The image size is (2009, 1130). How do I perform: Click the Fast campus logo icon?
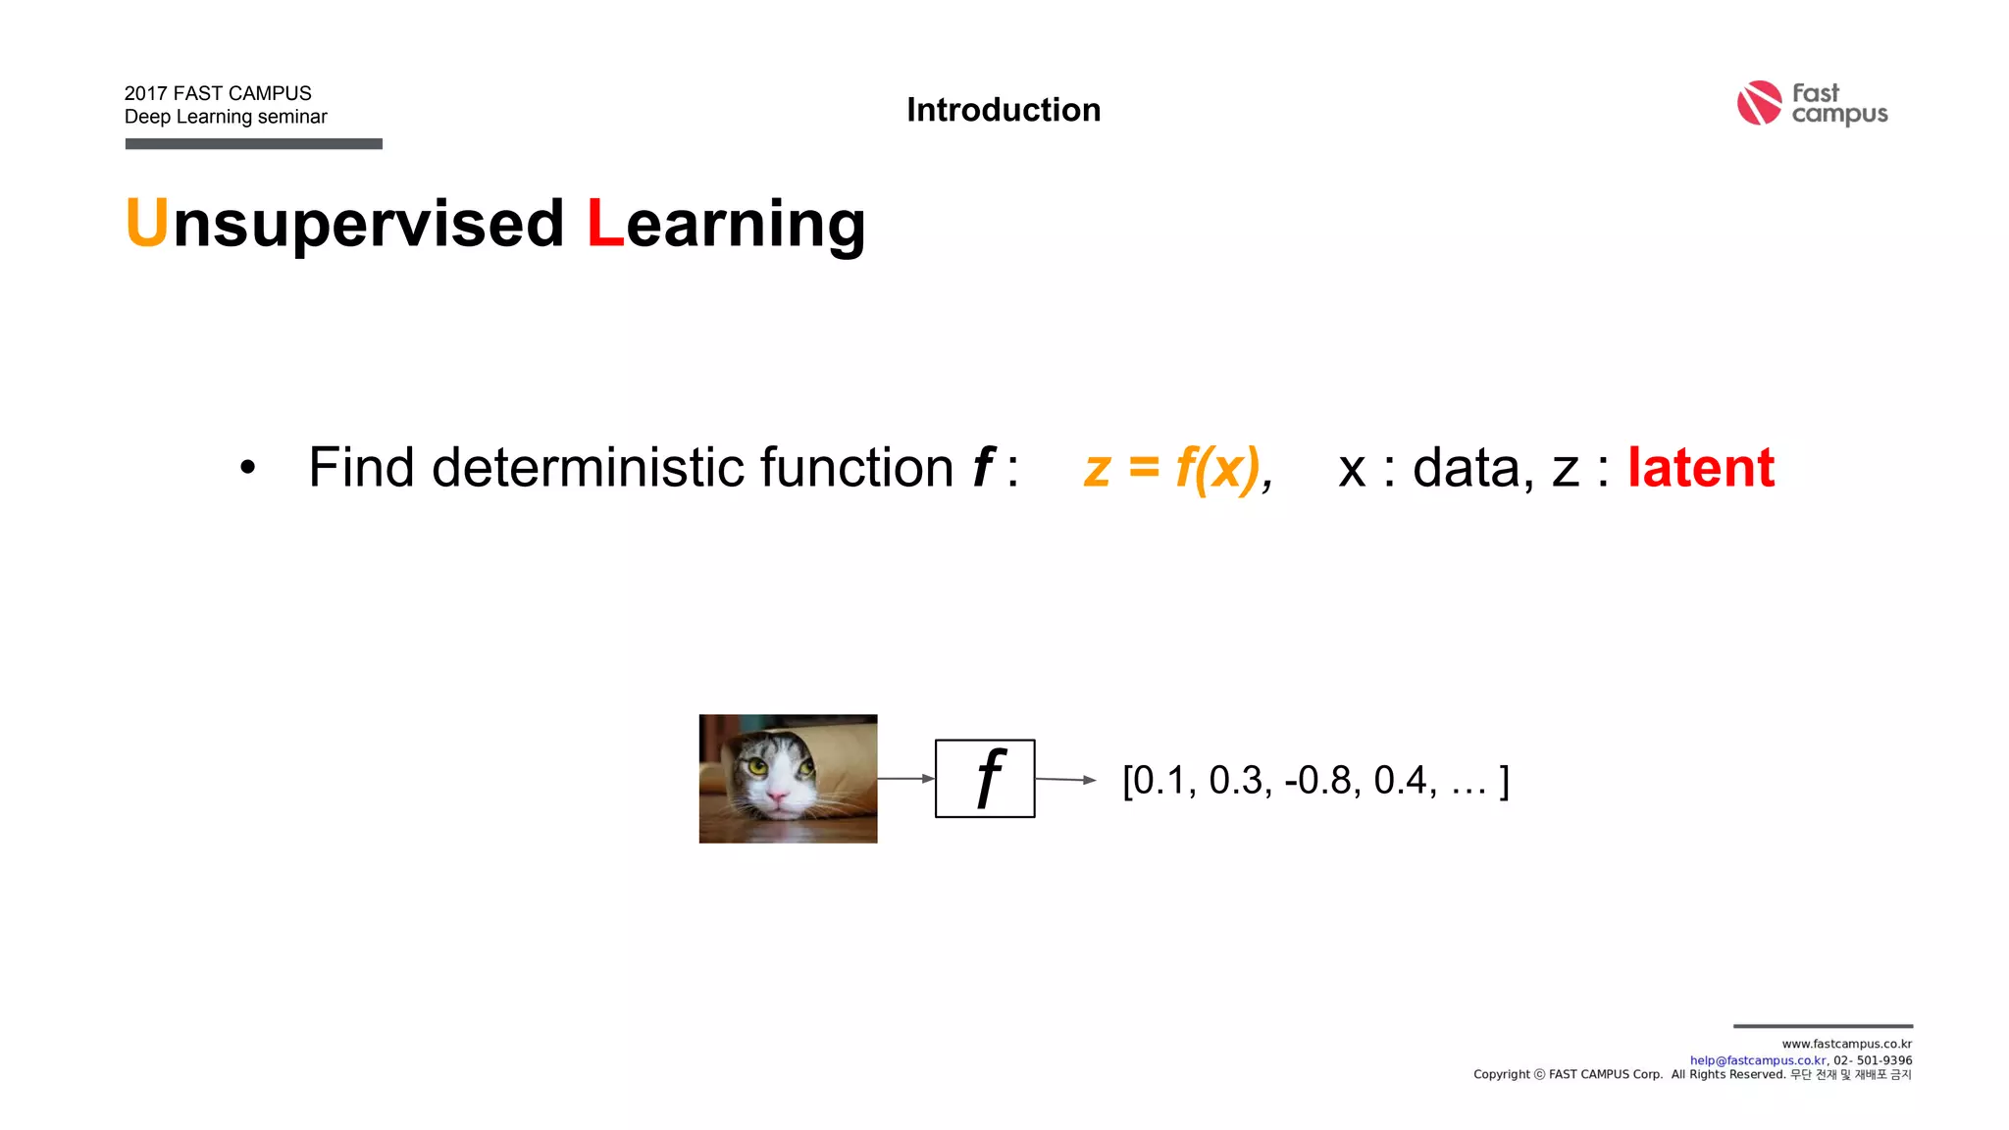click(1759, 103)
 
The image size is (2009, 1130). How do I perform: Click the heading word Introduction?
click(1004, 110)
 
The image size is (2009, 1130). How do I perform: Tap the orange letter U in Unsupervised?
click(147, 223)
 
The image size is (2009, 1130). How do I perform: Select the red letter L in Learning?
click(604, 223)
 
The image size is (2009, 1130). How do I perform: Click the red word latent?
click(1701, 467)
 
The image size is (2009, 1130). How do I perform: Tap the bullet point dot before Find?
click(247, 468)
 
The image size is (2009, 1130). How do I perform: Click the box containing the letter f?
click(985, 778)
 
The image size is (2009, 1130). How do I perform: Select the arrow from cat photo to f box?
click(905, 778)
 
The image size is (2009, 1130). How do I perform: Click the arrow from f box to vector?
click(1065, 780)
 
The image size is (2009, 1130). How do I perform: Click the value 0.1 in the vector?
click(1159, 781)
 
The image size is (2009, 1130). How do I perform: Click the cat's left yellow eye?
click(756, 765)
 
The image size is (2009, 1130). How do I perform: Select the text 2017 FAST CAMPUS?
click(218, 93)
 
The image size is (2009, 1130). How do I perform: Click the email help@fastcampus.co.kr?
click(1758, 1060)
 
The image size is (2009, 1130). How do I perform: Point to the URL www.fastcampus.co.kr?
click(1846, 1045)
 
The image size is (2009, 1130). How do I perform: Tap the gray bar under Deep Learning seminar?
click(253, 144)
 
